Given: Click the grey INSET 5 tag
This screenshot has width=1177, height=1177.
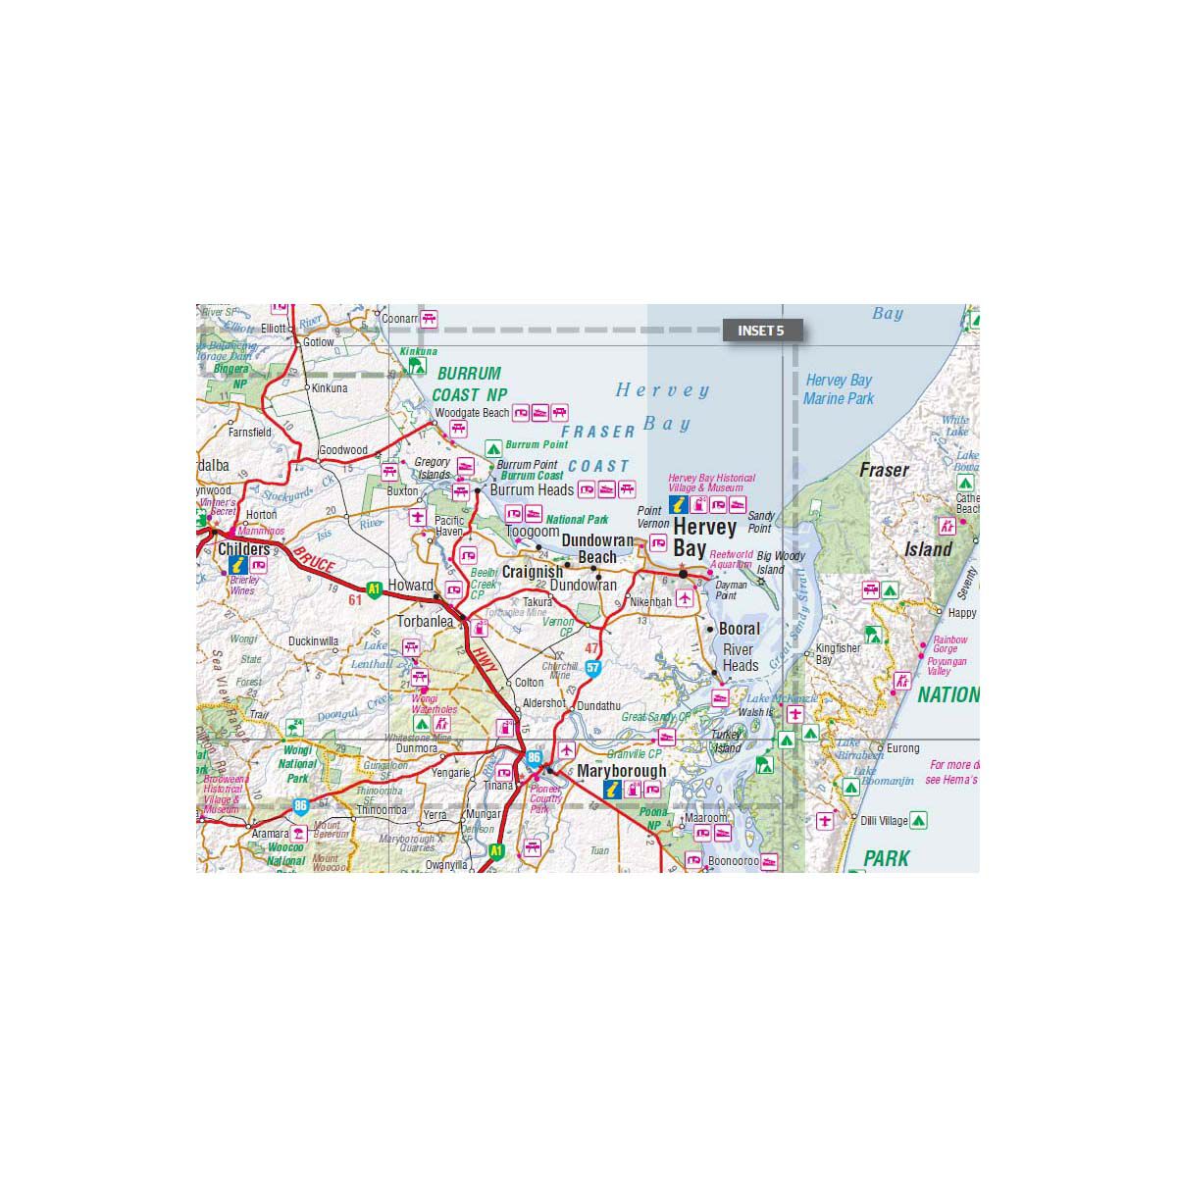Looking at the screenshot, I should pos(761,331).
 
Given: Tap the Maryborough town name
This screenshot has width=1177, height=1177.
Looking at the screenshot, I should pos(621,771).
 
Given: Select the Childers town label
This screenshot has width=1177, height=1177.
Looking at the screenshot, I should pos(243,549).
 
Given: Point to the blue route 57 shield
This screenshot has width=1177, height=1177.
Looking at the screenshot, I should pos(592,668).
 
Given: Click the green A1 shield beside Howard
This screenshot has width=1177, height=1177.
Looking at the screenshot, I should pos(374,589).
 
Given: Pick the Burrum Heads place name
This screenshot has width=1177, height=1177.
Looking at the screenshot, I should pos(532,489).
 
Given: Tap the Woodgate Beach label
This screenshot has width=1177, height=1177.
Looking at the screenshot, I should pos(472,413).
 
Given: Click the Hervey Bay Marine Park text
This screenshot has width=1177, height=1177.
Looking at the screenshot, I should pos(839,389).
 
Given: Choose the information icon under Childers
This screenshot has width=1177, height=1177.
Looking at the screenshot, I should pos(237,566).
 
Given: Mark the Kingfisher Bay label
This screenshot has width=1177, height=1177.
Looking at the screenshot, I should pos(838,653).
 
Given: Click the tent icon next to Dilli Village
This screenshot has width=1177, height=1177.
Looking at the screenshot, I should pos(918,819).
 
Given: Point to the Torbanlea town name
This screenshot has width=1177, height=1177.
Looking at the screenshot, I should pos(425,622).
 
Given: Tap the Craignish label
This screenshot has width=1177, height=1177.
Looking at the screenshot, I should pos(533,572).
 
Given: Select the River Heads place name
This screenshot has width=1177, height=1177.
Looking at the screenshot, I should pos(740,657).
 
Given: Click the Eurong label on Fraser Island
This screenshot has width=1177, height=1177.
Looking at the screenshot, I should pos(903,748).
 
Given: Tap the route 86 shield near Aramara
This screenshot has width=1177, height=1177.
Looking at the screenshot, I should pos(301,806).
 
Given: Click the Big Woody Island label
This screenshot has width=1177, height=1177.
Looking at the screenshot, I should pos(781,562).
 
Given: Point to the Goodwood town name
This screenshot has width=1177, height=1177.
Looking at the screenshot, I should pos(342,450).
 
